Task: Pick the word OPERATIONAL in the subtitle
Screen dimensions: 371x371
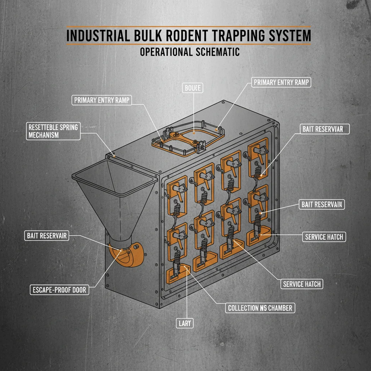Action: [x=166, y=52]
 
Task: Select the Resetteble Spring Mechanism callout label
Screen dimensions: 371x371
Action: [x=53, y=131]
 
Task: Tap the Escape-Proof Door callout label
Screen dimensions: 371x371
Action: [x=59, y=289]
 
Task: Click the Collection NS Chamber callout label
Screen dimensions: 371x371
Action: [x=260, y=308]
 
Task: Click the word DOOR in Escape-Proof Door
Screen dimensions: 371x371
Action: [x=77, y=289]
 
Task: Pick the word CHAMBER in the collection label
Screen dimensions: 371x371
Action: [x=279, y=308]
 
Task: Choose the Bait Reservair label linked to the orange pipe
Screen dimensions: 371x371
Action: [x=47, y=236]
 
